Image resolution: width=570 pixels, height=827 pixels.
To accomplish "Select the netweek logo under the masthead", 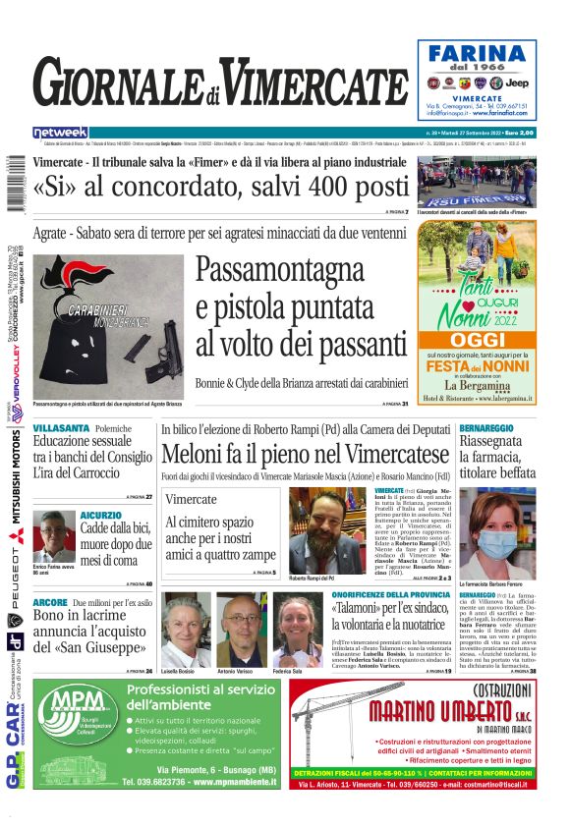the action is (x=60, y=132).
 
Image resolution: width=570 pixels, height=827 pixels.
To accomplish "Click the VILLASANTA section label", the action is (x=62, y=429).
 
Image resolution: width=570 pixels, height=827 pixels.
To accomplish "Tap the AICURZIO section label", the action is (x=101, y=515).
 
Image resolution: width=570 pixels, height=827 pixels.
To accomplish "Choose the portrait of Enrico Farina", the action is (x=53, y=535).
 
